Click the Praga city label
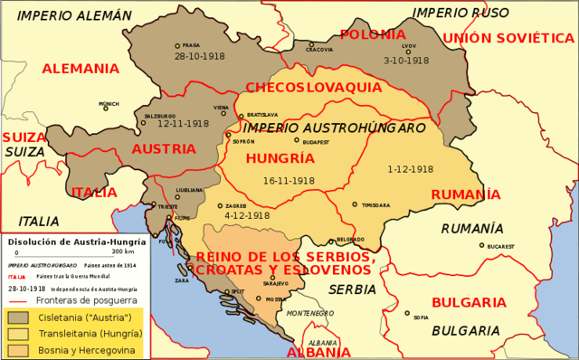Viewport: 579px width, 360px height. pyautogui.click(x=190, y=45)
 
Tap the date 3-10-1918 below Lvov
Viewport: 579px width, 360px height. pyautogui.click(x=406, y=61)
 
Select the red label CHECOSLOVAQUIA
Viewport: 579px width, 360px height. pyautogui.click(x=313, y=88)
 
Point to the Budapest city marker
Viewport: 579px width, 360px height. pyautogui.click(x=297, y=139)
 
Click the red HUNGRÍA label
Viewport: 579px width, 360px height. pyautogui.click(x=280, y=158)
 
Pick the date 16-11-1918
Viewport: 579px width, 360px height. pyautogui.click(x=289, y=181)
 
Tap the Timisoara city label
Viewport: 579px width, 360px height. pyautogui.click(x=375, y=205)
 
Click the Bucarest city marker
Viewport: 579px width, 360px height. pyautogui.click(x=481, y=245)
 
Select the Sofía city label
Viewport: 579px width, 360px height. pyautogui.click(x=422, y=317)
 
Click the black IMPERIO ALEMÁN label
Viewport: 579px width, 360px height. pyautogui.click(x=74, y=15)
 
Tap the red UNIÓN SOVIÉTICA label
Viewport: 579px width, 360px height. pyautogui.click(x=508, y=38)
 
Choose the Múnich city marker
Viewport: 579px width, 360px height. pyautogui.click(x=105, y=109)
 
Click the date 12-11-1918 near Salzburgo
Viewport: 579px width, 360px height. pyautogui.click(x=183, y=124)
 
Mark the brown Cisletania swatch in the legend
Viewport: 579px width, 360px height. pyautogui.click(x=17, y=317)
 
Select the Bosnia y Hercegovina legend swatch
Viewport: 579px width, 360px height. pyautogui.click(x=17, y=350)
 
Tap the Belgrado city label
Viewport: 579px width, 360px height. pyautogui.click(x=350, y=240)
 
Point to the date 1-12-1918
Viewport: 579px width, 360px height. pyautogui.click(x=410, y=169)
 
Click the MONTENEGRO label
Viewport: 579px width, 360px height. pyautogui.click(x=310, y=313)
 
